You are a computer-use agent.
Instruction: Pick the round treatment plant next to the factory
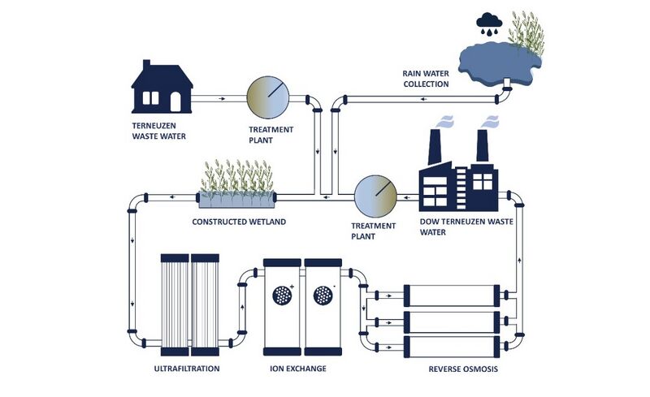click(375, 194)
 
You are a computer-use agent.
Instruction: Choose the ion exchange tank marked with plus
click(281, 306)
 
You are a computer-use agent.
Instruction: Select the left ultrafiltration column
click(175, 305)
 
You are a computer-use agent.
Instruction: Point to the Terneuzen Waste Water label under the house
click(158, 132)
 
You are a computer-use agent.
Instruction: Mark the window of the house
click(151, 97)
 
